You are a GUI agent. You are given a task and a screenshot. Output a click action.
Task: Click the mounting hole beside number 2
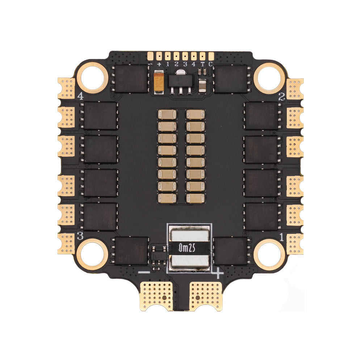point(269,77)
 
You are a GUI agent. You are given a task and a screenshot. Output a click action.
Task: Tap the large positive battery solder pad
point(205,295)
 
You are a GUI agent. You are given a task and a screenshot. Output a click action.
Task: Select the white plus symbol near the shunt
point(218,274)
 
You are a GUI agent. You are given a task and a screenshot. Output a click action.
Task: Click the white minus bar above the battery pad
point(144,271)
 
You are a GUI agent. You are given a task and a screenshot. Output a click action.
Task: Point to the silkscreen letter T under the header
point(203,64)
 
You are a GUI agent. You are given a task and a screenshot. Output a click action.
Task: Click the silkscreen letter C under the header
point(211,64)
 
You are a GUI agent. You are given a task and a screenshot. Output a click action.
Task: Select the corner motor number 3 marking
point(80,235)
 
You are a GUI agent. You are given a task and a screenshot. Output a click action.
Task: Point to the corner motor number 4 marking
point(80,96)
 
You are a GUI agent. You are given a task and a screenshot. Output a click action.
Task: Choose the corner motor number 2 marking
point(281,96)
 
